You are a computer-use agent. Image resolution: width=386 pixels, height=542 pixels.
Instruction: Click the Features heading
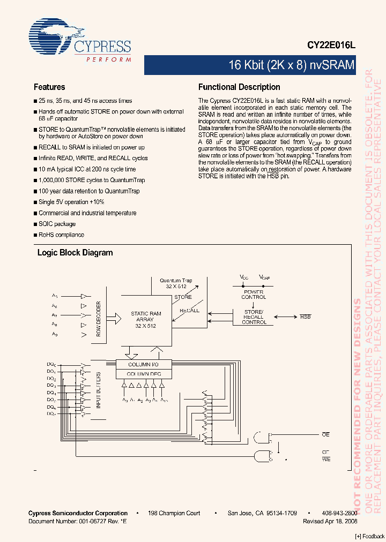click(x=49, y=87)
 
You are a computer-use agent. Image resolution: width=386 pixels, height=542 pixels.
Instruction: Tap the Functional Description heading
click(x=239, y=87)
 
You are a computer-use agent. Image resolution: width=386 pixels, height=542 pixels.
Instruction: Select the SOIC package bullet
click(x=57, y=224)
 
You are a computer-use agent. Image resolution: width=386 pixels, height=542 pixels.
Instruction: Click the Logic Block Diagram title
click(x=75, y=253)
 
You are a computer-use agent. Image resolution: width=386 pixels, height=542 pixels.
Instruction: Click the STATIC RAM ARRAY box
click(x=146, y=320)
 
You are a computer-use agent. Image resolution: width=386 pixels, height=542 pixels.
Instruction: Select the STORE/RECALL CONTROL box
click(x=254, y=317)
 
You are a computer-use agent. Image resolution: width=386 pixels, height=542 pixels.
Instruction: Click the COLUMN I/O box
click(x=143, y=364)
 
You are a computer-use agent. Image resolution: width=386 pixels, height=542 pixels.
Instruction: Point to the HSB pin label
click(x=305, y=317)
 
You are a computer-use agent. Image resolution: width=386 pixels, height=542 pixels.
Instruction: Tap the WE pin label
click(x=325, y=459)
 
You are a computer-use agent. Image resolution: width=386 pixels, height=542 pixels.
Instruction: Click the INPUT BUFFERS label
click(x=98, y=390)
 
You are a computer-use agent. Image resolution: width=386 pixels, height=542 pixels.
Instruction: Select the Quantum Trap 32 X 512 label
click(x=176, y=283)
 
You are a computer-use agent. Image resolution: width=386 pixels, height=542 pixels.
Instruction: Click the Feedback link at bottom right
click(x=370, y=537)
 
